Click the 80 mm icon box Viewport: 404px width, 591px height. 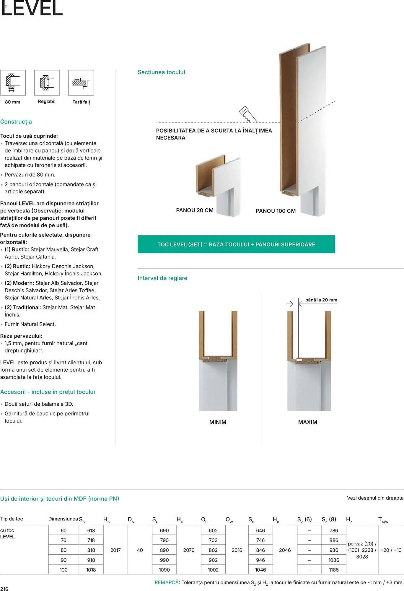[x=13, y=83]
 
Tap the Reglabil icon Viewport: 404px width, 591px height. [x=47, y=83]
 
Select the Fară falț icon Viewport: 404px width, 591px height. [x=81, y=83]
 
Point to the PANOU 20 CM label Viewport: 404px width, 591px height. [x=195, y=210]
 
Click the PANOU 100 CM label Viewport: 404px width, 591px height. [x=276, y=211]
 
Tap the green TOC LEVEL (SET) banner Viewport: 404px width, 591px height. [x=236, y=244]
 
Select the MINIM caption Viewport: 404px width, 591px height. [x=218, y=422]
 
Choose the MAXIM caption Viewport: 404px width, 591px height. [x=307, y=422]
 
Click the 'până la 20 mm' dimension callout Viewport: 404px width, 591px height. [x=321, y=300]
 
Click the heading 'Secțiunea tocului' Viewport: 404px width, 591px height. [x=161, y=72]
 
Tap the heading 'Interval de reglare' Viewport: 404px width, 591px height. [x=162, y=278]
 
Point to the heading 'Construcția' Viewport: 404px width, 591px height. [x=16, y=122]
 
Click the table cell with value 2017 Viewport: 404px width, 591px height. [x=115, y=550]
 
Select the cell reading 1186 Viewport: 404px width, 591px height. [x=334, y=570]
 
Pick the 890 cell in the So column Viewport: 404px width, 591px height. [x=164, y=550]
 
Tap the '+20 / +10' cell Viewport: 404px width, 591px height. [x=391, y=550]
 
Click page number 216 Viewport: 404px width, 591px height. [x=4, y=589]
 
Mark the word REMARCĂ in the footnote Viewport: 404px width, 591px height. [x=167, y=582]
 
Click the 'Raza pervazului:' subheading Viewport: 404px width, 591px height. [x=21, y=336]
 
